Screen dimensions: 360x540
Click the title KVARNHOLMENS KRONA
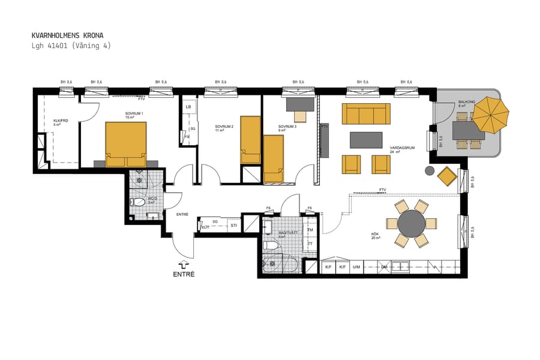click(67, 35)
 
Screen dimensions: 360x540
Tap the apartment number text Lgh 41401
click(51, 46)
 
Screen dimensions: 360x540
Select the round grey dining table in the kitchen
click(411, 224)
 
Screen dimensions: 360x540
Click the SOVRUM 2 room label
click(224, 127)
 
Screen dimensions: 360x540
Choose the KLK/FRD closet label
click(61, 121)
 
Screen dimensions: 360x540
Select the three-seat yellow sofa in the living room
click(365, 113)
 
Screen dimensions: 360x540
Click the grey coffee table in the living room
click(366, 140)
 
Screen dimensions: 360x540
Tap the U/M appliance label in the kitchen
click(356, 267)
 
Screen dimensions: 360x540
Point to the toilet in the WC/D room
click(139, 202)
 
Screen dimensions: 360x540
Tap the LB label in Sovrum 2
click(188, 107)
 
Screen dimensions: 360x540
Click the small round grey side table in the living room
click(430, 170)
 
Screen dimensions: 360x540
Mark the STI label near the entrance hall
click(234, 226)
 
